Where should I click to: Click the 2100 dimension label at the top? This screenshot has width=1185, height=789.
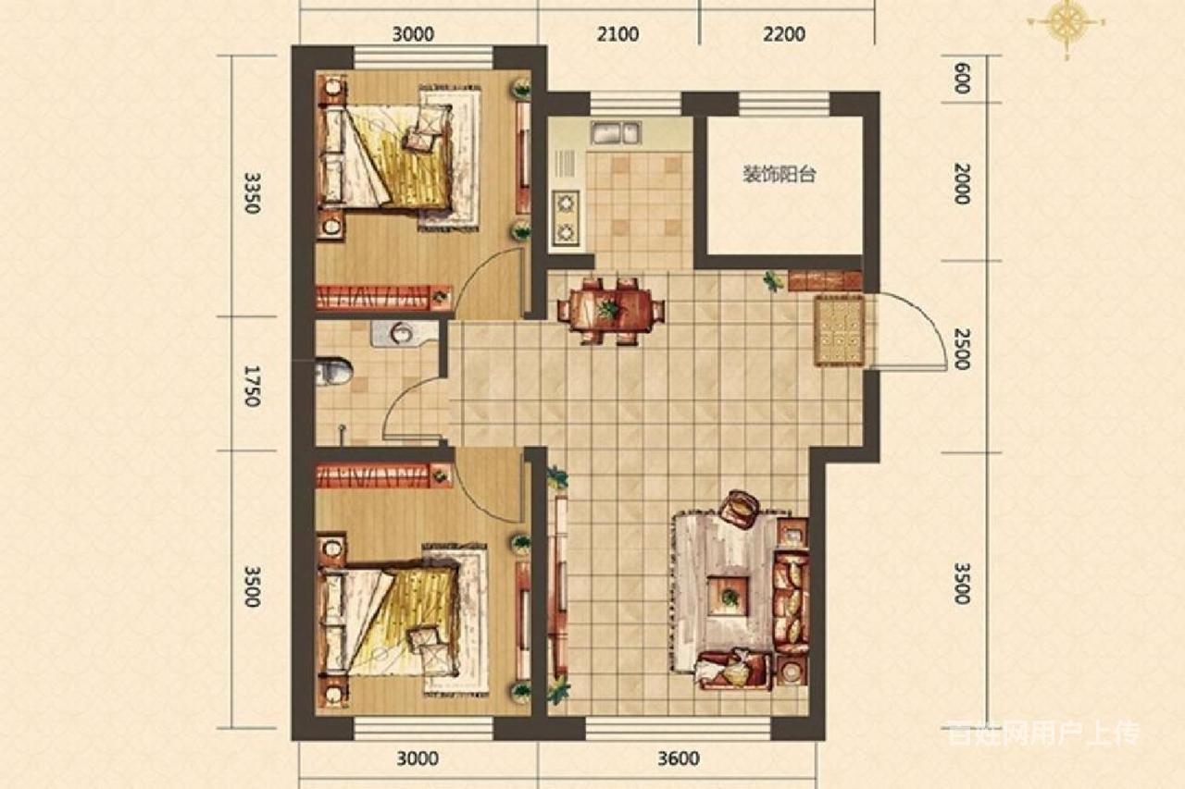tap(617, 34)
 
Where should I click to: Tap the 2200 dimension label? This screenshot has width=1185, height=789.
tap(784, 34)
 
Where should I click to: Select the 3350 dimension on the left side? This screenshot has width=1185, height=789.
tap(253, 192)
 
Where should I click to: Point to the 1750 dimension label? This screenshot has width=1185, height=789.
tap(253, 386)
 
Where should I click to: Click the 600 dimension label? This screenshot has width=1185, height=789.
tap(962, 79)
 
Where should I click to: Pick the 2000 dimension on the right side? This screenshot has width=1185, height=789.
tap(962, 183)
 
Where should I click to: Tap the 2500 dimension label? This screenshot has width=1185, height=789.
tap(962, 349)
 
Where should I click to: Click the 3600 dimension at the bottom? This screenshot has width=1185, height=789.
tap(679, 758)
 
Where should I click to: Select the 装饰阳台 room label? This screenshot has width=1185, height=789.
tap(780, 175)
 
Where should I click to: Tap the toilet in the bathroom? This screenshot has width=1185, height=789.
tap(334, 372)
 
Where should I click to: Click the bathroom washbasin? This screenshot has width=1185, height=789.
tap(405, 334)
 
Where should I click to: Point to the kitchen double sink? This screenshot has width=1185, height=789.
tap(617, 132)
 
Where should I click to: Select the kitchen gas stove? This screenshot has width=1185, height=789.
tap(566, 218)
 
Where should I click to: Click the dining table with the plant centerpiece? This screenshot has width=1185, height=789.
tap(611, 310)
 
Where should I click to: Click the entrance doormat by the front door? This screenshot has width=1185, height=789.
tap(840, 331)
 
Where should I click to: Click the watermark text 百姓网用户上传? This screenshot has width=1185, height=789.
tap(1042, 734)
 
